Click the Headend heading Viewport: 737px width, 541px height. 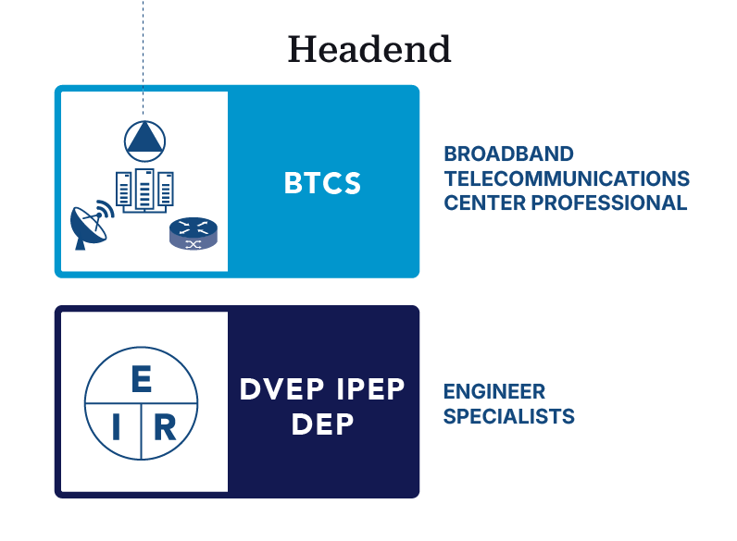[x=368, y=49]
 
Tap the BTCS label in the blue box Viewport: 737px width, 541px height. [x=322, y=183]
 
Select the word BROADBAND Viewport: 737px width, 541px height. [x=508, y=154]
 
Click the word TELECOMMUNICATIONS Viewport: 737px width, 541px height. [x=567, y=178]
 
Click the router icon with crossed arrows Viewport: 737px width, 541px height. [x=193, y=234]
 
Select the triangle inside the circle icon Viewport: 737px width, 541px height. [x=144, y=139]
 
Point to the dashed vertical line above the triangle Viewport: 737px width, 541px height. [x=144, y=55]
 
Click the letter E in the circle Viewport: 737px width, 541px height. [x=142, y=379]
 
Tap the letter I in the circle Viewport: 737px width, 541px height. [x=117, y=428]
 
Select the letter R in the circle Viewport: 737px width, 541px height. [x=165, y=428]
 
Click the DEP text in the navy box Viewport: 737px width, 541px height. [x=322, y=424]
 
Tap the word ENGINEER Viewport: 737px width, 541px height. [x=493, y=392]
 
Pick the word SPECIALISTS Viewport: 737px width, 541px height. [x=508, y=416]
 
